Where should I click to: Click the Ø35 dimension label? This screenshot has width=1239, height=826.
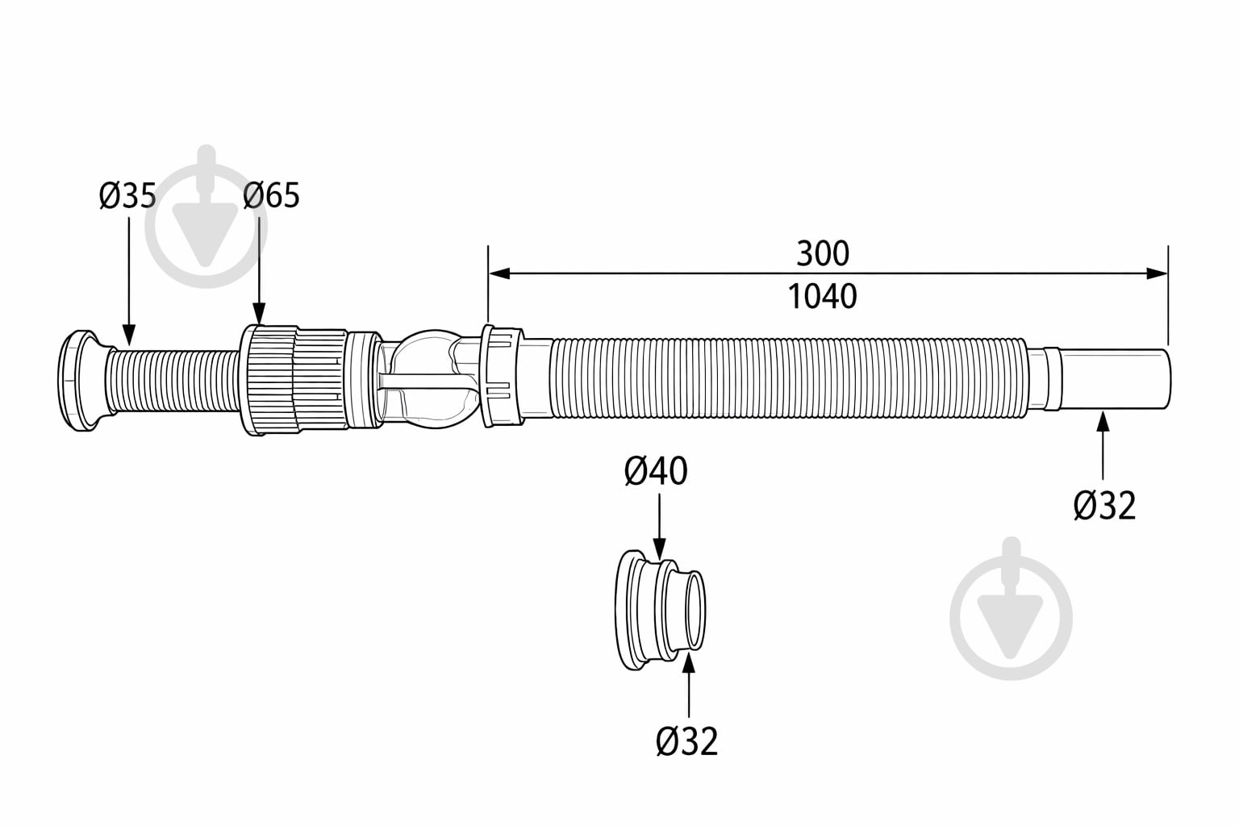coord(127,195)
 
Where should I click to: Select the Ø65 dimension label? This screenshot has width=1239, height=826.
coord(271,195)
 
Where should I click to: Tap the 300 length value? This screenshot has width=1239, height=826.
coord(823,253)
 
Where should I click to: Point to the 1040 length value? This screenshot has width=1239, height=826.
coord(822,297)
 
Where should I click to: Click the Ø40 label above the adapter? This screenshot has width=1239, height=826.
coord(656,471)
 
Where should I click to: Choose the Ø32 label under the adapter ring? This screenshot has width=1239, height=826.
coord(687,741)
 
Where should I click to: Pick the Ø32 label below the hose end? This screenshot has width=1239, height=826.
coord(1104,506)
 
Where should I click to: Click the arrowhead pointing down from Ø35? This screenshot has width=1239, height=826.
coord(128,336)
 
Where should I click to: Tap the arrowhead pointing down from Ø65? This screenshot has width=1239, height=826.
coord(259,314)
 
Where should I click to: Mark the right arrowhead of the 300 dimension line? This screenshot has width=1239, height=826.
coord(1157,273)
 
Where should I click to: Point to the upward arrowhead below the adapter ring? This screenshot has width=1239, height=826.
coord(689,663)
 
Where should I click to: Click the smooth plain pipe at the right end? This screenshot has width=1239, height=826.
coord(1115,380)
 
